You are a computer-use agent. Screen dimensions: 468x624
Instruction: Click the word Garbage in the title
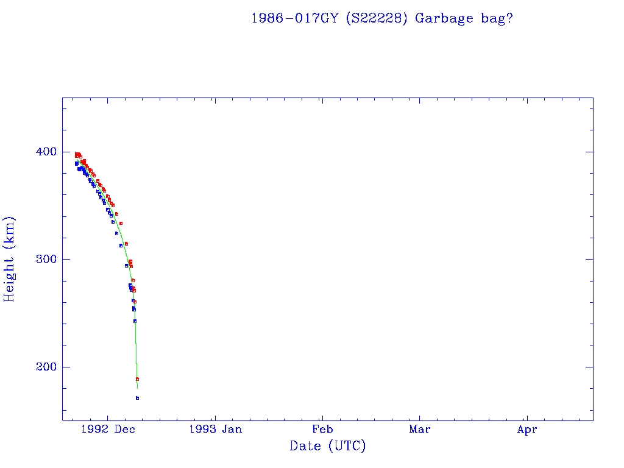444,18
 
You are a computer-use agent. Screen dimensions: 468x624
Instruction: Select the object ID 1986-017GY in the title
294,18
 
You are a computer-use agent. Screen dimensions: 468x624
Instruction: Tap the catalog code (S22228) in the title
376,18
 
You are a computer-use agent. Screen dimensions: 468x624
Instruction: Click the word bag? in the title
495,18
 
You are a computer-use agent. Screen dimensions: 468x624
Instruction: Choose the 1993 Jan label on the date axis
215,429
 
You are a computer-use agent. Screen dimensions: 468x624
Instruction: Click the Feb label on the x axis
322,429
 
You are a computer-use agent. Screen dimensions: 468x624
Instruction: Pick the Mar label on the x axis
419,429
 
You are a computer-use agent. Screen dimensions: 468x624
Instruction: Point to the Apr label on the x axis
527,429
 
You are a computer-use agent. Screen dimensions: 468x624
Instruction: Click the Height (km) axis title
10,259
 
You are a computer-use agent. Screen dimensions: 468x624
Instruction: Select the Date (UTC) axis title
328,446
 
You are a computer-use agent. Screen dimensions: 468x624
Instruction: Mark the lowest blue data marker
137,398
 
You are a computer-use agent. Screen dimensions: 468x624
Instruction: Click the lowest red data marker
137,379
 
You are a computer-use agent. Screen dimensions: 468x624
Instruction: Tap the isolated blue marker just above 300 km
121,246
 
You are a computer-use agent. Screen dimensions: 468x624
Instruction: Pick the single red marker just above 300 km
126,244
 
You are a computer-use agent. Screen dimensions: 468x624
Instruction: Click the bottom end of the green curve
137,388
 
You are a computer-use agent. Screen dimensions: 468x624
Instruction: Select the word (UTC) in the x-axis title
346,446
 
